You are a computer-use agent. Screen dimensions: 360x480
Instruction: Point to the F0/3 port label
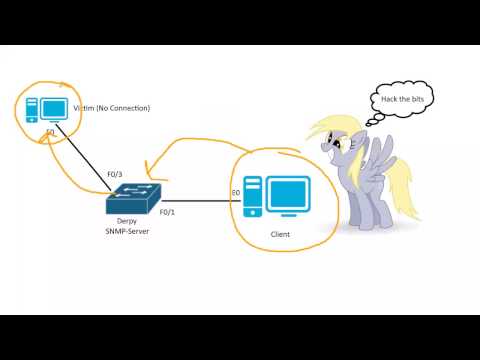click(x=115, y=174)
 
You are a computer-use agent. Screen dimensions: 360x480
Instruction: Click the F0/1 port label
click(x=166, y=211)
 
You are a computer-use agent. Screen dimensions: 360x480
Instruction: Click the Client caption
click(x=280, y=234)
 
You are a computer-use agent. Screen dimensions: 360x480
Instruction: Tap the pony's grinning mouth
click(x=336, y=159)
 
